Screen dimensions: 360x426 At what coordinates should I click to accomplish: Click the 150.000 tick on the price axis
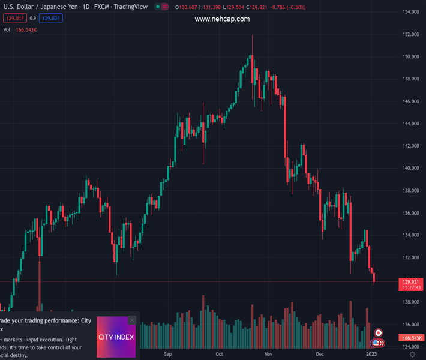click(x=410, y=57)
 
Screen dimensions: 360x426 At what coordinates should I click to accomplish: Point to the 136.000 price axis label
click(x=410, y=213)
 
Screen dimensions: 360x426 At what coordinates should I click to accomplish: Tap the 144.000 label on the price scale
click(x=410, y=124)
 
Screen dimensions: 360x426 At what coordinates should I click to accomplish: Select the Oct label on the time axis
click(x=220, y=354)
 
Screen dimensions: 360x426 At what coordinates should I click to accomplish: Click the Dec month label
click(x=320, y=354)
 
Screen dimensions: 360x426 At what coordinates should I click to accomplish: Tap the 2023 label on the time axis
click(x=371, y=354)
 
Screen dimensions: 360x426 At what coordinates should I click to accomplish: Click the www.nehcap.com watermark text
click(x=222, y=19)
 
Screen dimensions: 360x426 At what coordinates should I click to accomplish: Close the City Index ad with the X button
click(x=132, y=320)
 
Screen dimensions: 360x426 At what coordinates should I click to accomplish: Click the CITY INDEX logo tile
click(x=116, y=337)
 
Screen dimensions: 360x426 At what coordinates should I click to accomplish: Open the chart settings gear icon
click(x=412, y=355)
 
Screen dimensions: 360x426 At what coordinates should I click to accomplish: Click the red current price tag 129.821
click(x=411, y=281)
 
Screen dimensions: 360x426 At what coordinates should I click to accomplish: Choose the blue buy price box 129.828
click(x=51, y=19)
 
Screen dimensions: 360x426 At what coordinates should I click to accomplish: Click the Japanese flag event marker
click(x=379, y=333)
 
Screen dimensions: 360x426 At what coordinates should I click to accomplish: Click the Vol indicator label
click(x=7, y=29)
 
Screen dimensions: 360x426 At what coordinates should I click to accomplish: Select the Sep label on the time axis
click(x=168, y=354)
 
